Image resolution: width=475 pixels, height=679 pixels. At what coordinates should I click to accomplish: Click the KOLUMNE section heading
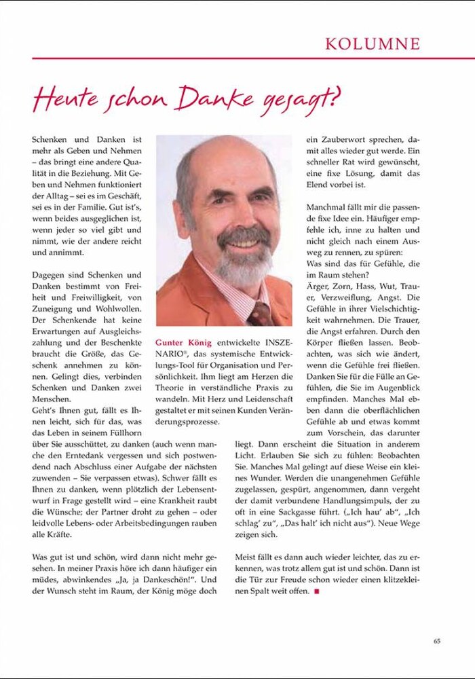point(372,44)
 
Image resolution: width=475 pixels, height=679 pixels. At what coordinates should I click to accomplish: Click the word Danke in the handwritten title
point(214,99)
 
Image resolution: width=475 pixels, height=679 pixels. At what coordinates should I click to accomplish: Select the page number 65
point(437,640)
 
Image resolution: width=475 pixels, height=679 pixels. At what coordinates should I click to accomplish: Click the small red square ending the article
point(316,592)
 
